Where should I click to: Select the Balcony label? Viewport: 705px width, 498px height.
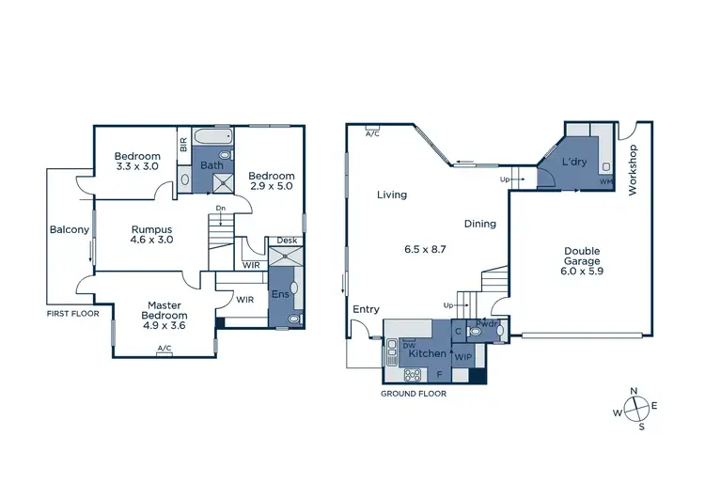pos(69,229)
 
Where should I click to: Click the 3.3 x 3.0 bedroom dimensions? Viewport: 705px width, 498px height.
pos(137,167)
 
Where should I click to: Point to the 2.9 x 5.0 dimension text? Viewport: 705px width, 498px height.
pos(272,187)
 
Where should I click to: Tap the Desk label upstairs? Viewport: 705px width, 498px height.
pos(287,241)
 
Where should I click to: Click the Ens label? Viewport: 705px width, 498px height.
pos(278,294)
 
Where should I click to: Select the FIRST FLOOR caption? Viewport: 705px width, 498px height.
pos(71,314)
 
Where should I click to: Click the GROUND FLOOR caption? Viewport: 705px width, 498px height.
pos(413,394)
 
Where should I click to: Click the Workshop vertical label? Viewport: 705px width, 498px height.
pos(633,170)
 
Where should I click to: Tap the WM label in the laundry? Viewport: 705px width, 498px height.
pos(606,181)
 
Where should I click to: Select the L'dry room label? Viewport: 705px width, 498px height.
pos(573,163)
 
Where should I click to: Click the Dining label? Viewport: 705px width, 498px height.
pos(479,224)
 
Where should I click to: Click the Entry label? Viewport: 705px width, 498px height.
pos(366,309)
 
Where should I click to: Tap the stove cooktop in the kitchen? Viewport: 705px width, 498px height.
pos(412,374)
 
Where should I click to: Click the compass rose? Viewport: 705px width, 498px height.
pos(637,410)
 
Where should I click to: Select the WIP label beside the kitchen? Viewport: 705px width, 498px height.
pos(462,356)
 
